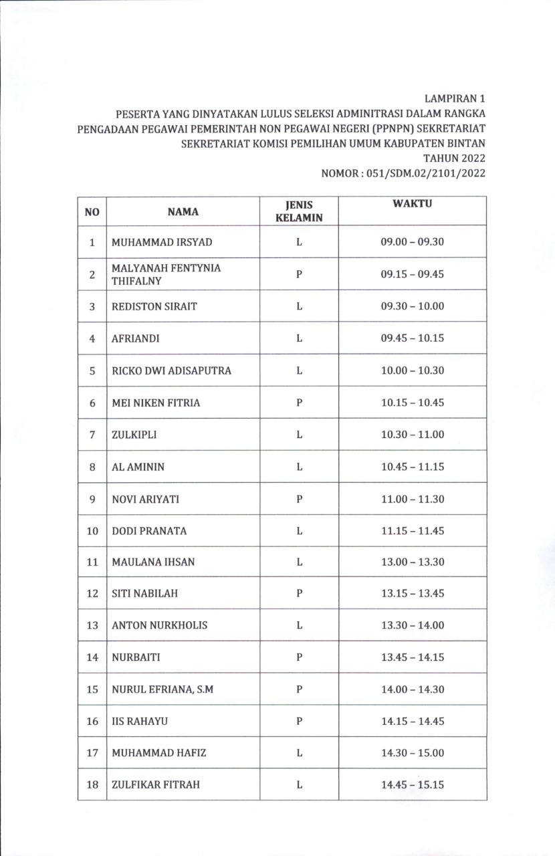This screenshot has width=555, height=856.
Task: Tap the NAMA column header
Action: point(183,211)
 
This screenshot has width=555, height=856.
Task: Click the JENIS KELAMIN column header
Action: point(299,211)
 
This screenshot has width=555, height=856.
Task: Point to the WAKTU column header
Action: point(412,203)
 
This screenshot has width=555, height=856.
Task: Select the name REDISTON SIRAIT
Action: point(154,306)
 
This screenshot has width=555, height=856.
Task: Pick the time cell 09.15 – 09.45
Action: point(412,274)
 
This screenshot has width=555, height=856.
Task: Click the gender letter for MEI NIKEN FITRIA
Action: point(299,403)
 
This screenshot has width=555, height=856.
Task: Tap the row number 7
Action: point(92,435)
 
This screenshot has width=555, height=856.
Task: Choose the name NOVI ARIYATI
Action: point(145,499)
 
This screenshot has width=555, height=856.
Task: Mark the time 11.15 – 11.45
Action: point(412,531)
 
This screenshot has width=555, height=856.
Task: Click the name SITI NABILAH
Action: point(144,593)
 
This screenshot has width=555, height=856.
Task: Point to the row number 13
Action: point(92,625)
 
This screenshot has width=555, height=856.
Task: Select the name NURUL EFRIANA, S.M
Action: point(162,689)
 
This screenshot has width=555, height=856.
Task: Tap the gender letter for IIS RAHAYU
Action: point(299,721)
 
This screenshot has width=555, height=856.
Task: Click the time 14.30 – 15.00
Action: point(412,753)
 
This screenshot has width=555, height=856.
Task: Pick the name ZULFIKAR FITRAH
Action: point(156,784)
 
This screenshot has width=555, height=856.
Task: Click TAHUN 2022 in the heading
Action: point(454,158)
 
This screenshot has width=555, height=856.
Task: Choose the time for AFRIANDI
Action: point(412,338)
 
